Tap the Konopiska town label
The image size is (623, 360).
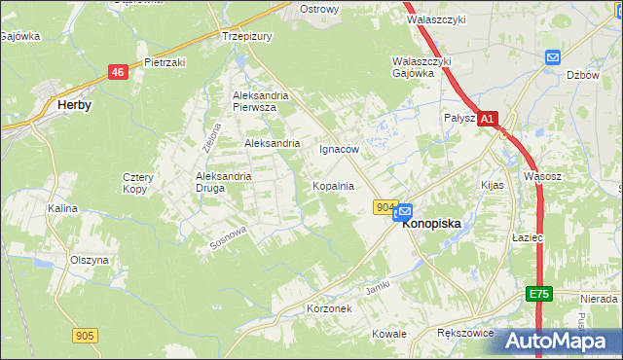point(431,222)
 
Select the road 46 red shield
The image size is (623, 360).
point(118,72)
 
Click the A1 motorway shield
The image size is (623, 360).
point(489,118)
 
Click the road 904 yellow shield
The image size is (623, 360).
point(385,207)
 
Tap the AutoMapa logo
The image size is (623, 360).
point(560,341)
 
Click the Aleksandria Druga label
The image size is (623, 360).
point(224,182)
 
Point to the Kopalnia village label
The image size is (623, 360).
point(332,185)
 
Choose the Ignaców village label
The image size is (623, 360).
point(340,150)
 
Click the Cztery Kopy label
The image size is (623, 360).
point(135,182)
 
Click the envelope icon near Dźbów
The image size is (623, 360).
point(553,57)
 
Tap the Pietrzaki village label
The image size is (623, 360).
point(165,62)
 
